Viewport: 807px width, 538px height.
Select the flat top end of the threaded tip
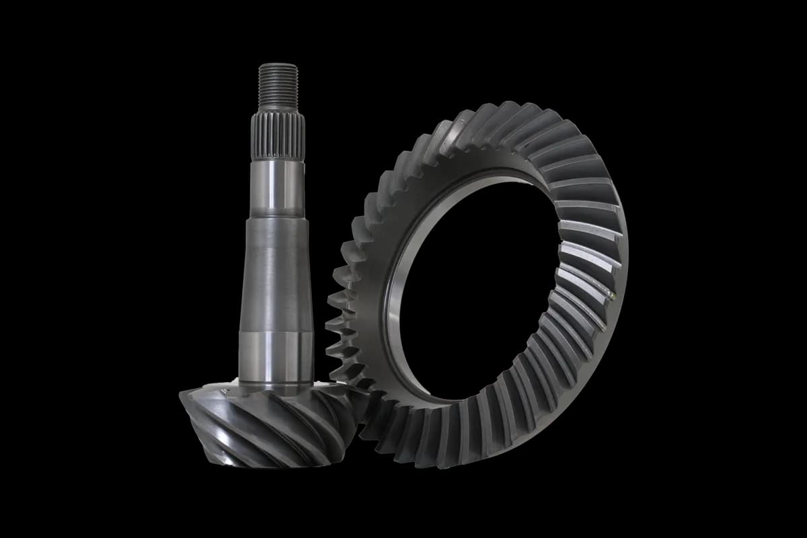click(x=278, y=65)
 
